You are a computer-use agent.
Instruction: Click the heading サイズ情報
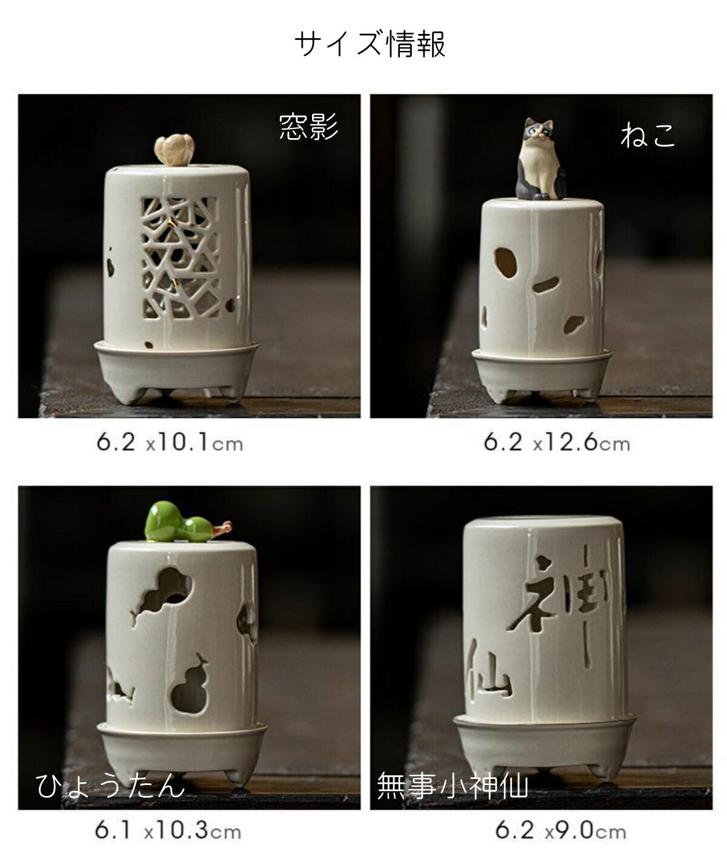coord(370,44)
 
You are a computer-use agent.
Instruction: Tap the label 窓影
coord(308,127)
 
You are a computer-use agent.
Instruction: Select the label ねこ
coord(648,136)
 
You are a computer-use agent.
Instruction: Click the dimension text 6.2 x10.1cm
coord(170,443)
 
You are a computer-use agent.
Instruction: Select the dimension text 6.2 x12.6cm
coord(557,443)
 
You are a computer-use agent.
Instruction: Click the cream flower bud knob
coord(174,150)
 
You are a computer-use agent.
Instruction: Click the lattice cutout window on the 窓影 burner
coord(179,259)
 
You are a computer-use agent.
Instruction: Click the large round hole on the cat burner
coord(506,262)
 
